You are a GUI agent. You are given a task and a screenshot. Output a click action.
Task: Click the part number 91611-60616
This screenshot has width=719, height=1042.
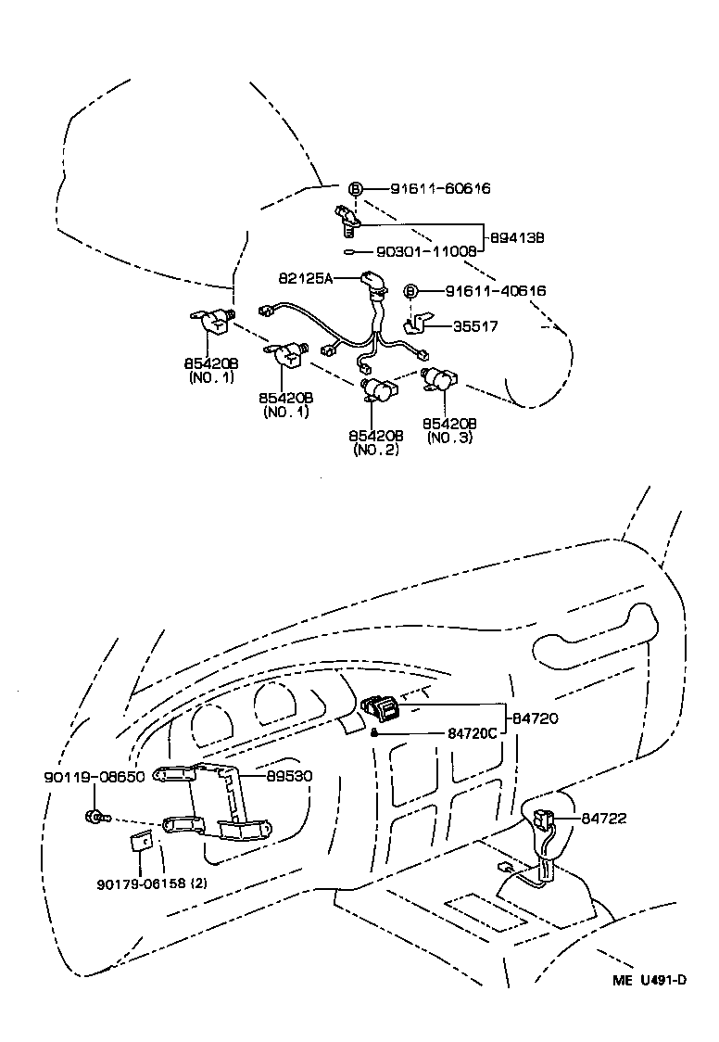tap(439, 189)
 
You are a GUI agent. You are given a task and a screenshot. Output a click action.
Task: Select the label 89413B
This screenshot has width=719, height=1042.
tap(515, 237)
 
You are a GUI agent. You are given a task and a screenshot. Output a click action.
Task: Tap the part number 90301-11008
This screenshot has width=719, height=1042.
tap(427, 251)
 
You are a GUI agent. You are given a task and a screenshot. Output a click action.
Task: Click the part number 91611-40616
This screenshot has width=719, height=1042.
tap(496, 291)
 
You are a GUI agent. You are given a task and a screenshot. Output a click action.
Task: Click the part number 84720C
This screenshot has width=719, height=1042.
tap(473, 732)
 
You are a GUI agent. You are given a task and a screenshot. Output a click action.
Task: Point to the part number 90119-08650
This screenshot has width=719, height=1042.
tap(94, 777)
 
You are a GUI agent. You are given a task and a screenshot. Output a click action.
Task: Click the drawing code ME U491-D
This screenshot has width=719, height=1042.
tap(650, 982)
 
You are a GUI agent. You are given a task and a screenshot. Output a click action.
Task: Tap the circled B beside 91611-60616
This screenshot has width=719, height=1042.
tap(356, 189)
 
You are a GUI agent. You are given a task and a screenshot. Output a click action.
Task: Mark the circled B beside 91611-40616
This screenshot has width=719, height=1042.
tap(411, 291)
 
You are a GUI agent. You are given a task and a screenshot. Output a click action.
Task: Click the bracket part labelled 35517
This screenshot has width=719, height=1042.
tap(419, 324)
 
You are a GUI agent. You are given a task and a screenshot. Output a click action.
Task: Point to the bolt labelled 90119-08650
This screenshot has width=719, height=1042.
tap(96, 818)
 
